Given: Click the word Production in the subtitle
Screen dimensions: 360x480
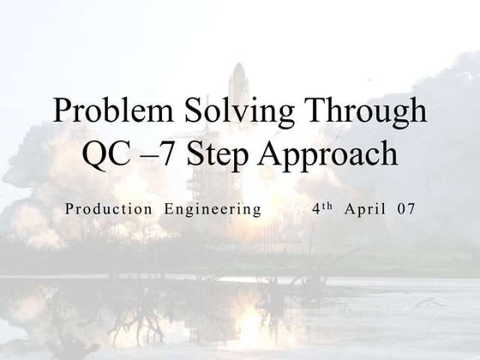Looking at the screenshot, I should pos(107,208).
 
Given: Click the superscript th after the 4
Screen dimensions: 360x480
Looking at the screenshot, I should pos(327,206).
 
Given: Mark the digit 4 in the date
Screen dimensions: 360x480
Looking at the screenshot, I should pos(315,208).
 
